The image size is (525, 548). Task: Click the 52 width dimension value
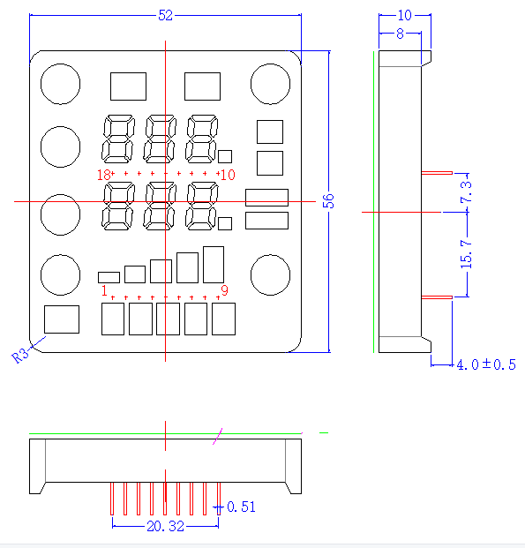pos(165,15)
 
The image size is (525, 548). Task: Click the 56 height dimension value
pos(328,201)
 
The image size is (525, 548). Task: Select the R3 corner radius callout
pos(20,356)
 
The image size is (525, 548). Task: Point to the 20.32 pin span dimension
pos(165,526)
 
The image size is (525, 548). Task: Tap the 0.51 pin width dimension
pos(241,507)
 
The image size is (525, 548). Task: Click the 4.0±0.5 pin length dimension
pos(486,364)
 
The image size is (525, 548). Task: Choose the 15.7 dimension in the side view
pos(466,254)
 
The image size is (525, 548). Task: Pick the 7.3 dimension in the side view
pos(466,191)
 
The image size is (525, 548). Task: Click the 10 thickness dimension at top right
pos(405,15)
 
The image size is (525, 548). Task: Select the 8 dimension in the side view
pos(400,34)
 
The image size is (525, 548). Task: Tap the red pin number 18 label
pos(104,175)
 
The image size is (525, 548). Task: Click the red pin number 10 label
pos(228,175)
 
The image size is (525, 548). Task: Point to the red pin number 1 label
pos(104,290)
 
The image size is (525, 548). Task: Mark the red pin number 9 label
pos(224,290)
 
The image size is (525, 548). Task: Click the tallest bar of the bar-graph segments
pos(214,265)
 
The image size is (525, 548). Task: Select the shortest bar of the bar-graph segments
pos(109,277)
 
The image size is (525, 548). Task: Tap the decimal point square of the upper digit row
pos(225,156)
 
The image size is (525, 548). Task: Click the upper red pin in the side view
pos(437,173)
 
